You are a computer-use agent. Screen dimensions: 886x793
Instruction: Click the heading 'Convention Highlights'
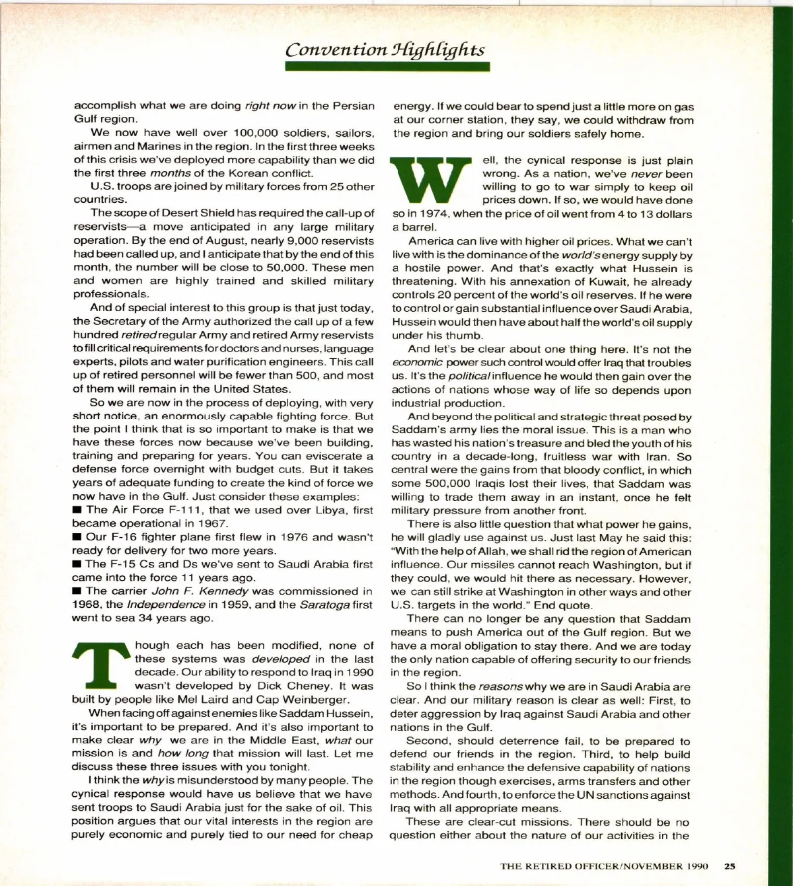coord(385,50)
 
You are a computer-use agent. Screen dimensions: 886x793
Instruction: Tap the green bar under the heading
coord(387,67)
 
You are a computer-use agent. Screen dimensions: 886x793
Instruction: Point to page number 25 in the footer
coord(730,866)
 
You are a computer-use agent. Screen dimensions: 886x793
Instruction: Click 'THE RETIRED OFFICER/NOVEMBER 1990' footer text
coord(604,866)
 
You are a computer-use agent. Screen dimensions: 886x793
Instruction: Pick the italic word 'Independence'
coord(166,605)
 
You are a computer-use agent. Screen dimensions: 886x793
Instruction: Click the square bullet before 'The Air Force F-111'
coord(77,510)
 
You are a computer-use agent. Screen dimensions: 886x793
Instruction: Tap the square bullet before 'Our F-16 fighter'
coord(77,537)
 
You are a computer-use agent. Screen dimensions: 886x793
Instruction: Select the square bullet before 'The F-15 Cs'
coord(77,564)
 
